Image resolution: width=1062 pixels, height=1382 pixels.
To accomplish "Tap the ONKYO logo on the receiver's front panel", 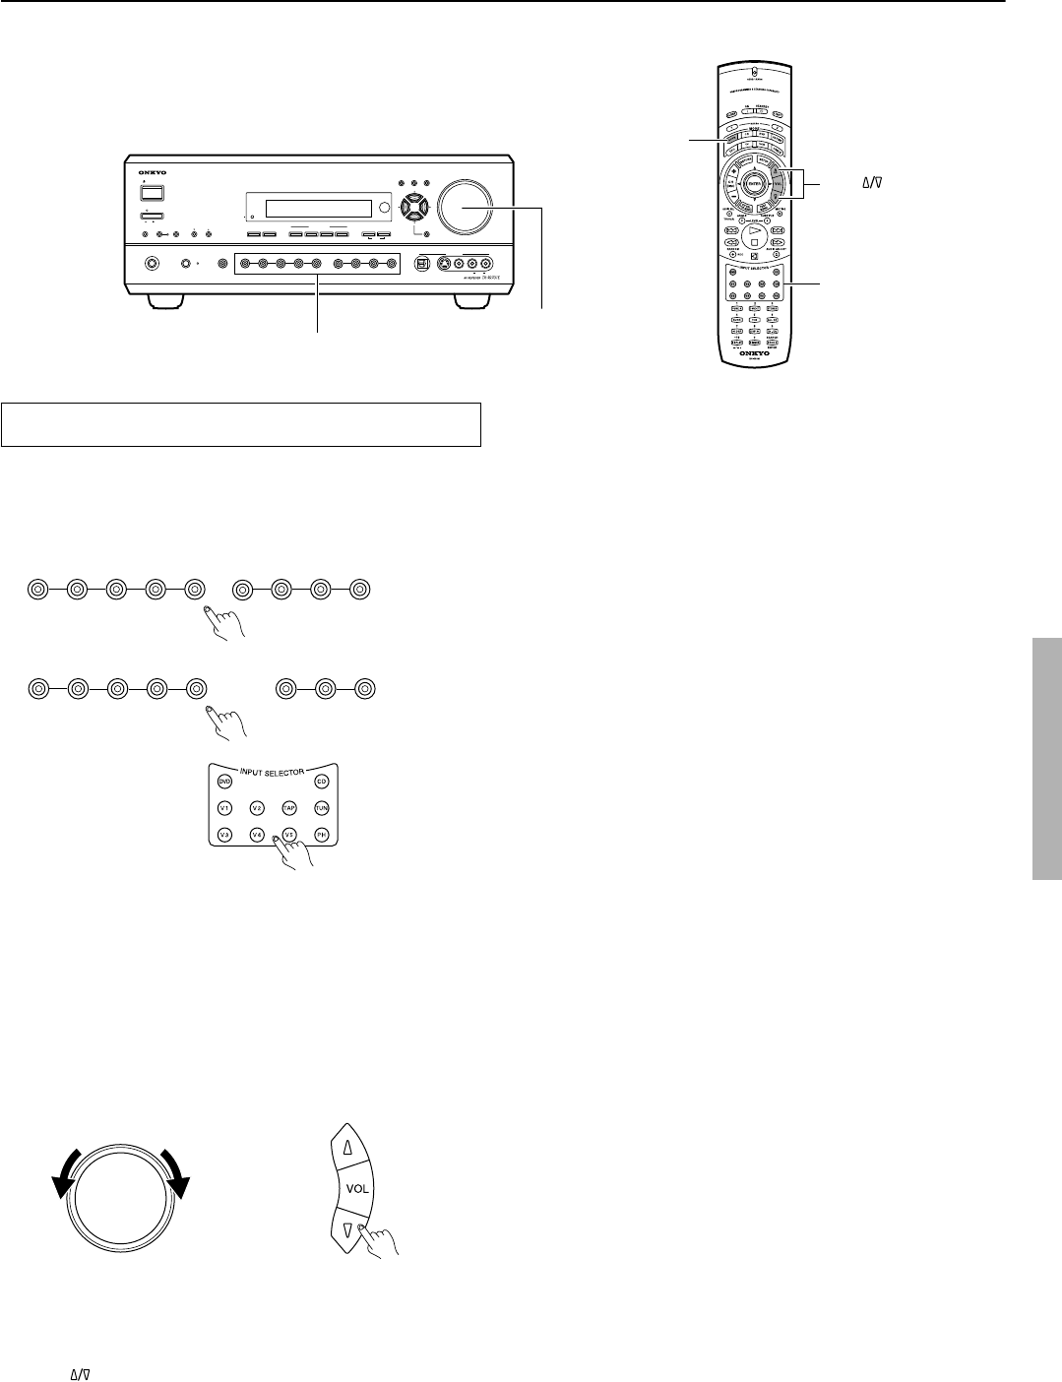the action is pyautogui.click(x=151, y=172).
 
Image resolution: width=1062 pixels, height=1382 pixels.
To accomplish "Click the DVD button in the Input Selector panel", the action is pyautogui.click(x=224, y=781).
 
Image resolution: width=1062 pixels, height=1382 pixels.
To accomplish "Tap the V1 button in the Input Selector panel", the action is pyautogui.click(x=224, y=808).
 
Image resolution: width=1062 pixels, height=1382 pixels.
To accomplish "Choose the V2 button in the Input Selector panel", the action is pyautogui.click(x=257, y=808).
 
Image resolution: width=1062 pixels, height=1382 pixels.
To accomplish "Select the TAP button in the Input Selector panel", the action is pyautogui.click(x=289, y=808).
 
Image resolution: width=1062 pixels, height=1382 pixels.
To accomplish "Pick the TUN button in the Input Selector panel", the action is pyautogui.click(x=321, y=808).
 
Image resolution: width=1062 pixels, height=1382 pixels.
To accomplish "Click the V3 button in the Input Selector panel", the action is pyautogui.click(x=224, y=835).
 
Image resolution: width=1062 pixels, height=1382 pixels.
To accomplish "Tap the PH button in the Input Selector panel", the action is pyautogui.click(x=321, y=835).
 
